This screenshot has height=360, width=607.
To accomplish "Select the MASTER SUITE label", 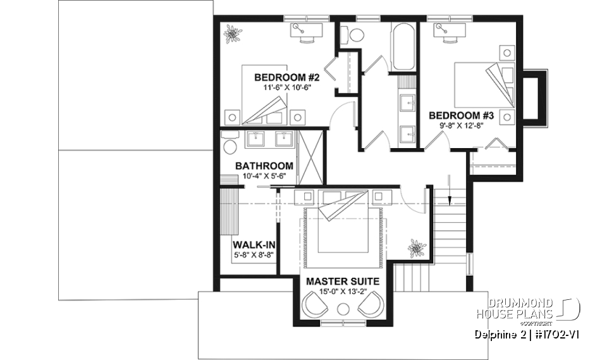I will tap(343, 281).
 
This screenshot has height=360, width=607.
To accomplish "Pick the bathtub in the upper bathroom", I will tap(403, 47).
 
